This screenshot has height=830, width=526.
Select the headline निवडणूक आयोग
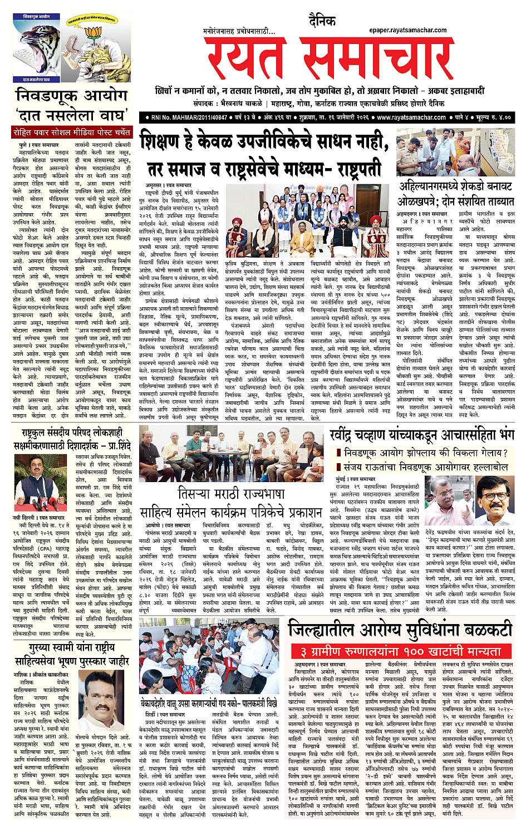pyautogui.click(x=72, y=96)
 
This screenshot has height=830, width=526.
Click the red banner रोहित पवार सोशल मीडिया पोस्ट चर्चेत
pyautogui.click(x=72, y=132)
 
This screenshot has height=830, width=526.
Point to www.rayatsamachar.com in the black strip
pyautogui.click(x=411, y=117)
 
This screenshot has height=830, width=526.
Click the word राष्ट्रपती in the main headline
pyautogui.click(x=351, y=168)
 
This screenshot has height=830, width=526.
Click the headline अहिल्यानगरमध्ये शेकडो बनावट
pyautogui.click(x=455, y=186)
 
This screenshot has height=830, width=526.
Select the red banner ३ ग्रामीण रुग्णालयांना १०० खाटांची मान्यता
pyautogui.click(x=400, y=651)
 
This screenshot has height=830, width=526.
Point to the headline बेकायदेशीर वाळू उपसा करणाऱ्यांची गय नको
pyautogui.click(x=208, y=703)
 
